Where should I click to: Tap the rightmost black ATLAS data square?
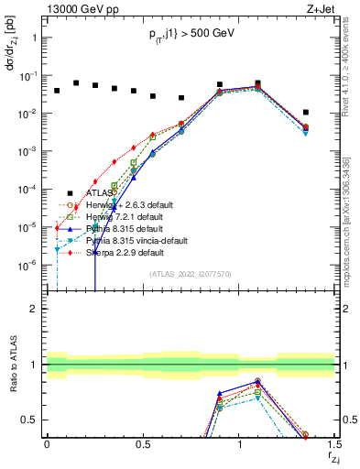306,113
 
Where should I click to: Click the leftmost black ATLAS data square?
57,91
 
